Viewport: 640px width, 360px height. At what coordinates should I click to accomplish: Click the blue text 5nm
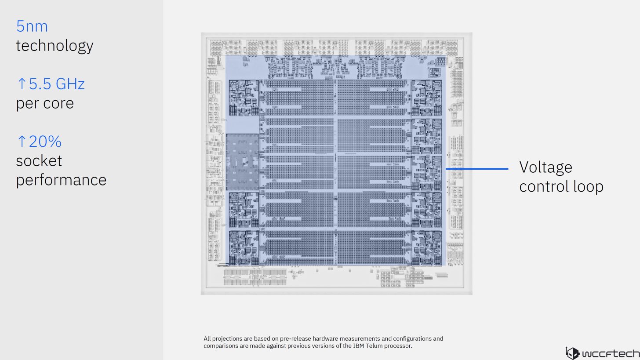pos(32,26)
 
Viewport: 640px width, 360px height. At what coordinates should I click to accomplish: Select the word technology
pos(55,46)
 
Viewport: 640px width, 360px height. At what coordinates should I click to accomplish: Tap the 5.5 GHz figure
pos(57,84)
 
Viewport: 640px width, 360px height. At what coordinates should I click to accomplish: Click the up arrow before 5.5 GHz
pos(22,84)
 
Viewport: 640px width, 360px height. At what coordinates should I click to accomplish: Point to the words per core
pos(45,103)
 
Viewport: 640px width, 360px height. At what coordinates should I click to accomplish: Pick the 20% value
pos(45,142)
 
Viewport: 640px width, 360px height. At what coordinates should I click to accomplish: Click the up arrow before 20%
pos(22,142)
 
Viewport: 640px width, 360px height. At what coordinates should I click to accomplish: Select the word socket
pos(39,161)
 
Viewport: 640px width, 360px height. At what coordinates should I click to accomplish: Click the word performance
pos(61,180)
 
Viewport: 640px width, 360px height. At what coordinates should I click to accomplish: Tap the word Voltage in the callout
pos(545,167)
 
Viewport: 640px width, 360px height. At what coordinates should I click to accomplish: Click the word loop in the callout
pos(588,187)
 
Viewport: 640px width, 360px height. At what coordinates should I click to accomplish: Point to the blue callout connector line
pos(477,169)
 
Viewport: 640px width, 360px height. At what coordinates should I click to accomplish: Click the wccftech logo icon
pos(572,353)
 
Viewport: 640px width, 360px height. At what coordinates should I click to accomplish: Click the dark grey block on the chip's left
pos(242,162)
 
